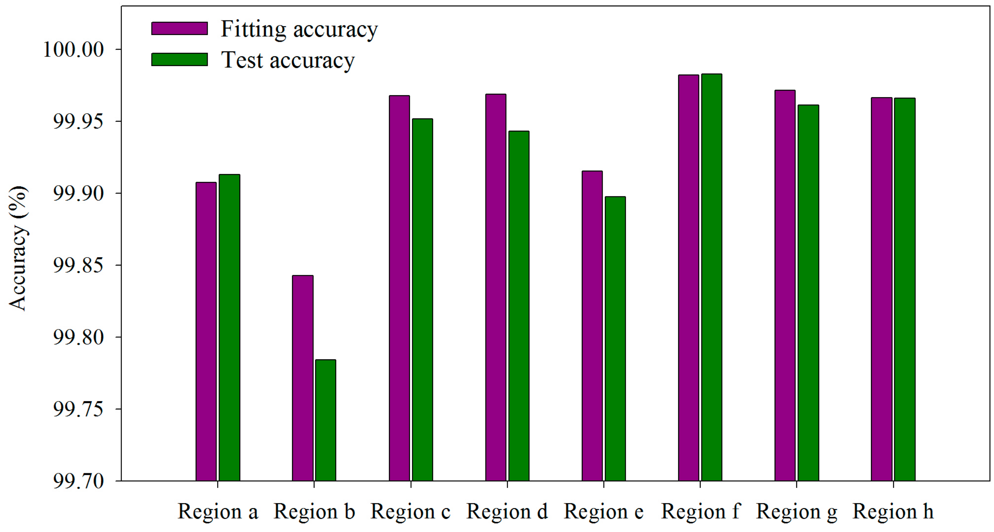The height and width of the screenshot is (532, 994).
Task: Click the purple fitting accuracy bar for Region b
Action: [303, 378]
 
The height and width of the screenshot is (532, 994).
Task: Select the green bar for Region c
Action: [422, 300]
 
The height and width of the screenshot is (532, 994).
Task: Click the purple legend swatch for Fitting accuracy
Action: [179, 28]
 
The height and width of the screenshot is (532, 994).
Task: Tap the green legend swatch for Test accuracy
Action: [179, 60]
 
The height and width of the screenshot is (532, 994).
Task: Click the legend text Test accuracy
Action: [287, 60]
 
